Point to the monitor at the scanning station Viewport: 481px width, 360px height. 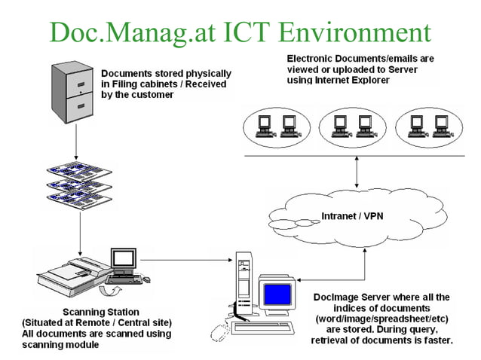click(122, 261)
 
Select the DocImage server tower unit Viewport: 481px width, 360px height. click(244, 287)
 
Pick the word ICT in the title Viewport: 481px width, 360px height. click(244, 32)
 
